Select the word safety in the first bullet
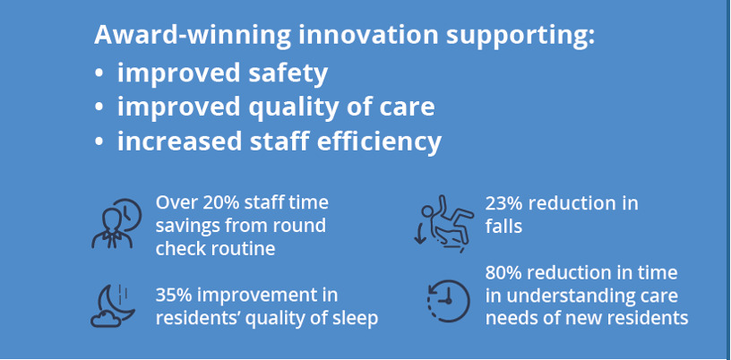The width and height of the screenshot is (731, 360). (288, 73)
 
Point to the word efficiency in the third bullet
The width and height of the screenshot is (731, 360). (379, 141)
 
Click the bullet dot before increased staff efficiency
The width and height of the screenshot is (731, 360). (99, 142)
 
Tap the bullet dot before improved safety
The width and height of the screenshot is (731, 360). (99, 74)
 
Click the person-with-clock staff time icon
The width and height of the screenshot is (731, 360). (116, 223)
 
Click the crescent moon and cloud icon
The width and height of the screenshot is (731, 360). (112, 305)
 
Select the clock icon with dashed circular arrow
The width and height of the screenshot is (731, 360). (448, 301)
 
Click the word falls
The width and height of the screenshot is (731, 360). (503, 227)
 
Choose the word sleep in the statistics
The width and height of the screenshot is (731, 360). (355, 319)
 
